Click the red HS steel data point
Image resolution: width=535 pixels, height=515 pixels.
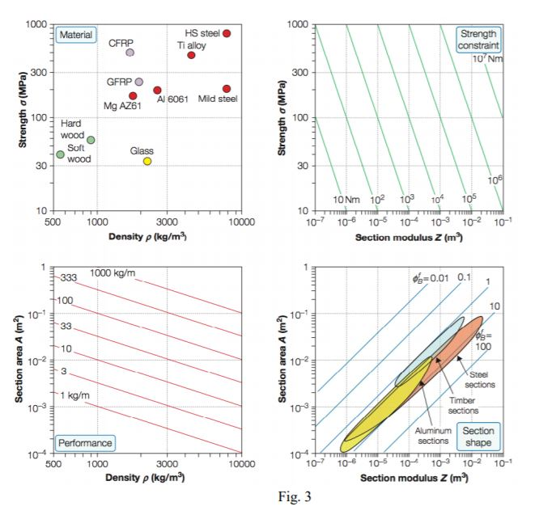(227, 33)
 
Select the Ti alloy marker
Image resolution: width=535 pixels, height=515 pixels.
(192, 55)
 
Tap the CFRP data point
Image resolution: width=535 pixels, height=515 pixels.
(130, 53)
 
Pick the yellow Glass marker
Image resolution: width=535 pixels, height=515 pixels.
(147, 161)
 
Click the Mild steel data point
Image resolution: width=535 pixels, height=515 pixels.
(227, 89)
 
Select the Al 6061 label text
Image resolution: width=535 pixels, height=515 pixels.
(172, 99)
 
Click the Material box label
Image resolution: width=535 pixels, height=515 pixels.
(75, 35)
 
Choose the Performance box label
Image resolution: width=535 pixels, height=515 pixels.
(84, 443)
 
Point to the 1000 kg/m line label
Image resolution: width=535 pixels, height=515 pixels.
(113, 272)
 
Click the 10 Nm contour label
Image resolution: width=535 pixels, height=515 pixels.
(346, 199)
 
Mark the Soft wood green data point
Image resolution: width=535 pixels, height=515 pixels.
(61, 154)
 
